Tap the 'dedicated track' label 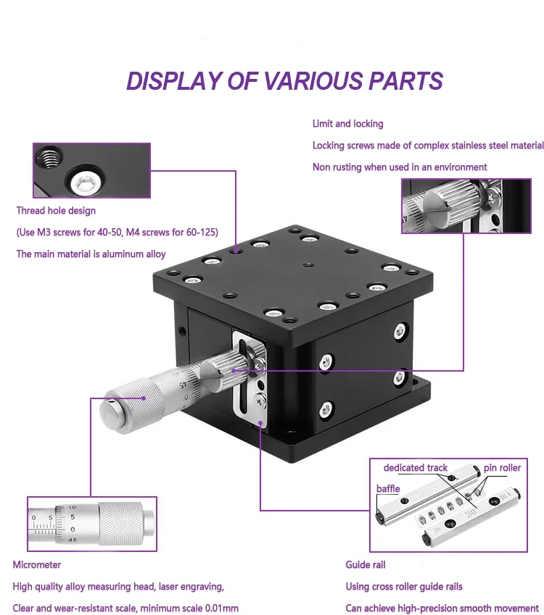(x=416, y=468)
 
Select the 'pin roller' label (x=502, y=468)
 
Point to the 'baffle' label (x=388, y=489)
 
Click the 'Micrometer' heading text (x=36, y=564)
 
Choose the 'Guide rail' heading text (x=366, y=564)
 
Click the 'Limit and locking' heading (x=347, y=124)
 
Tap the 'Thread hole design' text (x=56, y=211)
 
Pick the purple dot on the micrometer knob (x=144, y=398)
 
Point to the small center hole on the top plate (x=309, y=265)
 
